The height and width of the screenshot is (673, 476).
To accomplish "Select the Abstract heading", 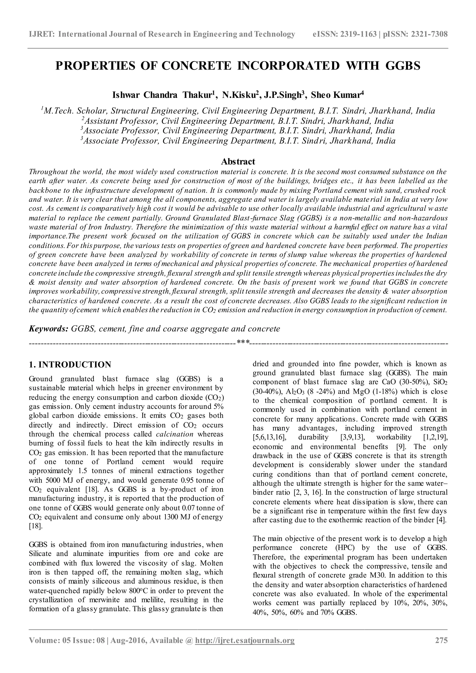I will pos(238,162).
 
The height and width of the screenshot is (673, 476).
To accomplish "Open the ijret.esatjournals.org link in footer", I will pos(245,648).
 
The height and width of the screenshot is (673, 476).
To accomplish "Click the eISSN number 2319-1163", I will pos(358,34).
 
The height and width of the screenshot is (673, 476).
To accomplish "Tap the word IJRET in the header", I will pos(41,34).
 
